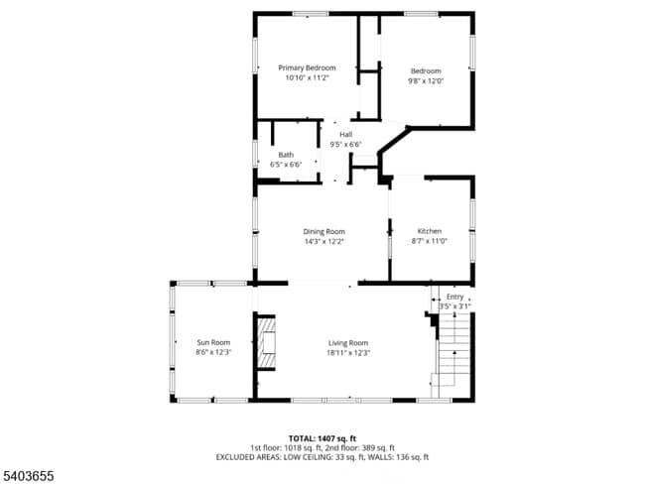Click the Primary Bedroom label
coord(307,67)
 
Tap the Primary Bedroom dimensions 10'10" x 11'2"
coord(307,77)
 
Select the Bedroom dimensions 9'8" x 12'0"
coord(426,80)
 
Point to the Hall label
coord(345,135)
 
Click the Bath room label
coord(286,155)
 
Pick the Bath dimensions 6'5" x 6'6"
coord(286,165)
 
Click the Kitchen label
coord(430,231)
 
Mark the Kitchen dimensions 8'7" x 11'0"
coord(430,241)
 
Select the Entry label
coord(454,297)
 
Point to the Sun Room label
coord(213,342)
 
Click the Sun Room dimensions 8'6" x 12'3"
coord(213,352)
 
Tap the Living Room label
coord(348,342)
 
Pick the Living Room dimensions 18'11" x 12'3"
coord(348,352)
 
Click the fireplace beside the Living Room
coord(267,343)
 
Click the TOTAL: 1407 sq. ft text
coord(322,437)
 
